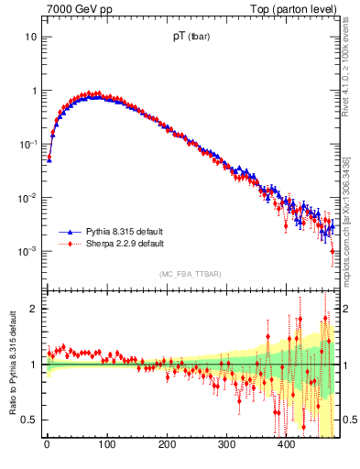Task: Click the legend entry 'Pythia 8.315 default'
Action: (x=121, y=233)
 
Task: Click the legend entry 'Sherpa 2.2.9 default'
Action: (x=121, y=245)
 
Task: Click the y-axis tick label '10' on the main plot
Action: (x=30, y=38)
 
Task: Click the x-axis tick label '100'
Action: (x=106, y=446)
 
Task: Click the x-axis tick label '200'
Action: (x=167, y=446)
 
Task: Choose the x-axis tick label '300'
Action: (x=226, y=446)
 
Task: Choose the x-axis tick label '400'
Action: (x=287, y=446)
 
